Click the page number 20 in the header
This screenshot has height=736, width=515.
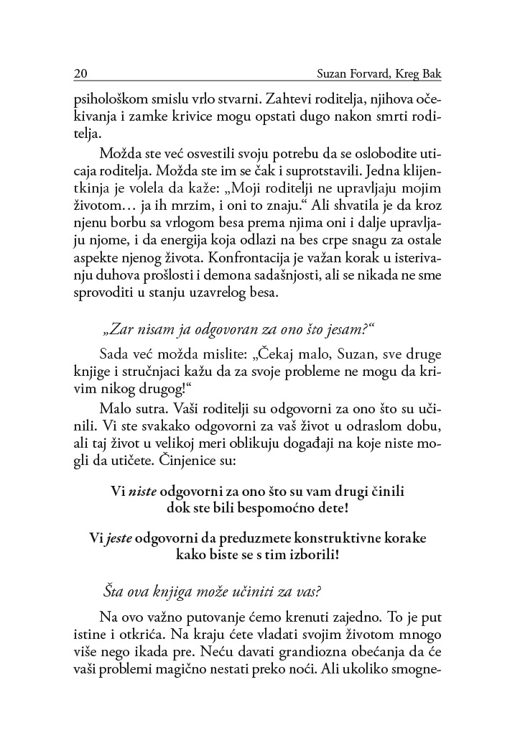click(80, 74)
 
